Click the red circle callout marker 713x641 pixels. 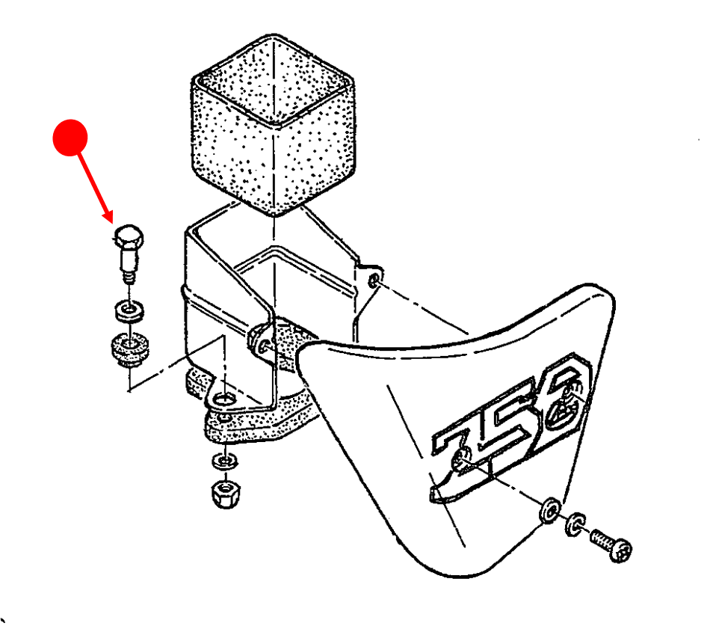tap(70, 138)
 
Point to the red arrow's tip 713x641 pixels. tap(112, 222)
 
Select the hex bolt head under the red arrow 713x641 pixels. tap(129, 236)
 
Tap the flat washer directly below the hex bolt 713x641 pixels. tap(129, 310)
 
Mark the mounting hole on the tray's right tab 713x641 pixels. tap(374, 279)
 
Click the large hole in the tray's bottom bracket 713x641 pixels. tap(223, 399)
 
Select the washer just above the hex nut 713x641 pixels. tap(224, 461)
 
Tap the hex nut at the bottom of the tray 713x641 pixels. tap(226, 493)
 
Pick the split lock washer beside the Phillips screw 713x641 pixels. tap(575, 524)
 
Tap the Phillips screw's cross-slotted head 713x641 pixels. tap(620, 550)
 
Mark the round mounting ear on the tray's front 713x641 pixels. tap(262, 341)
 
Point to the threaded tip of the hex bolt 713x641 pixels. tap(129, 277)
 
